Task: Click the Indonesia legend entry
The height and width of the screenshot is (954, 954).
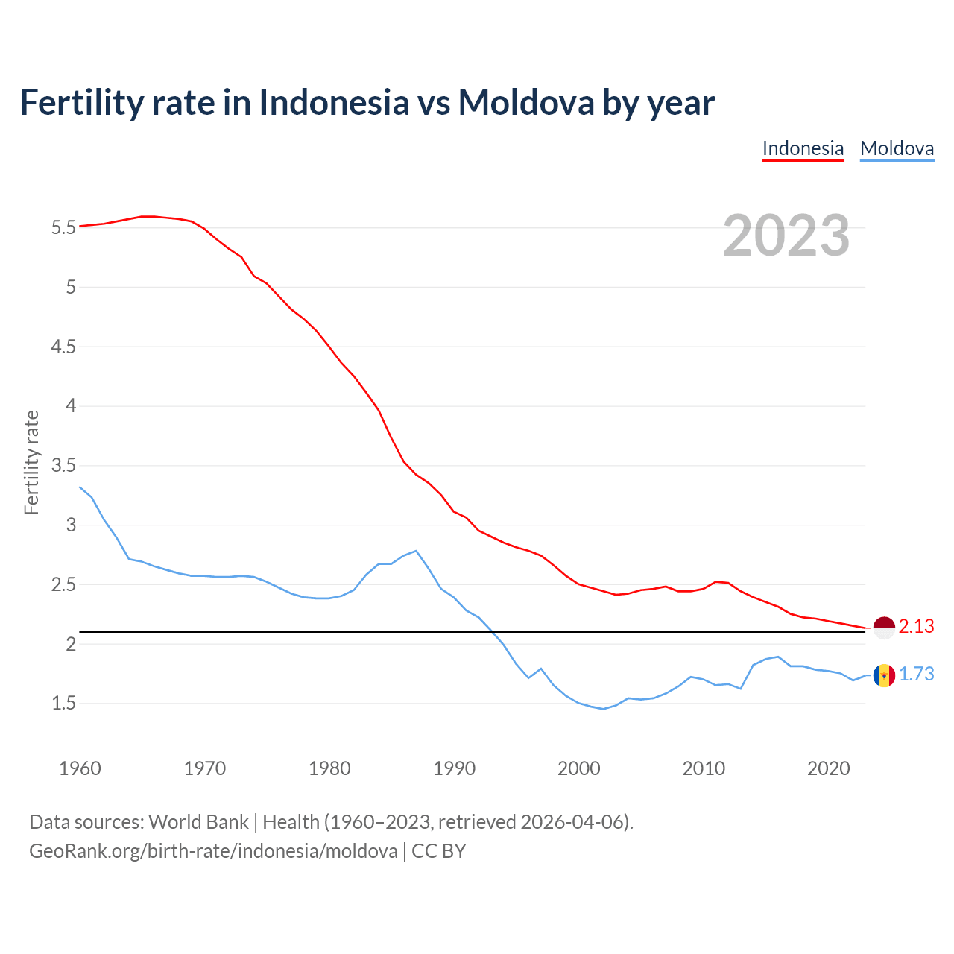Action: [803, 148]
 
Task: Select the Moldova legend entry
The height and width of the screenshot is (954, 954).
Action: [897, 148]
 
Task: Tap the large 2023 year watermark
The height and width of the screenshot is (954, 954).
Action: [786, 236]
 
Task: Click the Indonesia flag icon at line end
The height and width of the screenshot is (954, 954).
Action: [884, 628]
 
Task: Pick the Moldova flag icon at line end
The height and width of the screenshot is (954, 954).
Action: [884, 675]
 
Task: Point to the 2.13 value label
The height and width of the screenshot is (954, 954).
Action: [916, 627]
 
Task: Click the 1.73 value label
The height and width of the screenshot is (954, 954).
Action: [916, 675]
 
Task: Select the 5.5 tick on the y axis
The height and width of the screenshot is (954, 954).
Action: [63, 228]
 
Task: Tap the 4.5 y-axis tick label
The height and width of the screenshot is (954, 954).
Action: [63, 347]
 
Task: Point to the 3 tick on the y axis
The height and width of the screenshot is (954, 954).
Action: [71, 525]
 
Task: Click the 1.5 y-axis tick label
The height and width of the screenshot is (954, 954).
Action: [63, 704]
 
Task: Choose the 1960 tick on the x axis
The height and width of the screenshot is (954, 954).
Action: [80, 768]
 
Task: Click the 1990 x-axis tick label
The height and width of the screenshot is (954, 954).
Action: [454, 768]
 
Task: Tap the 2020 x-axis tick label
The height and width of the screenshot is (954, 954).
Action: [828, 768]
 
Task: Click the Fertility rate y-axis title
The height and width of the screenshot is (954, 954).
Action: [31, 462]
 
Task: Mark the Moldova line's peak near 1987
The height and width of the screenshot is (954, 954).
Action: [416, 551]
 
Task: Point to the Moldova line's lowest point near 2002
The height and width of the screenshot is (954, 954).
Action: [603, 709]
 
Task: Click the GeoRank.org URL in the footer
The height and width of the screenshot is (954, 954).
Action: [213, 851]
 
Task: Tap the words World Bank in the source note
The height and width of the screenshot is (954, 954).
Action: [198, 822]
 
